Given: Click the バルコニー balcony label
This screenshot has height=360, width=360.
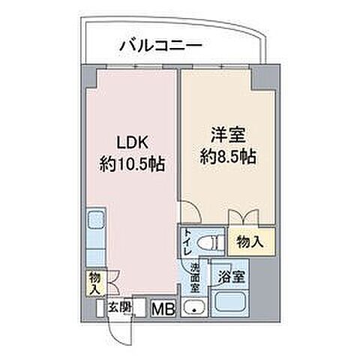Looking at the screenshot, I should point(160,46).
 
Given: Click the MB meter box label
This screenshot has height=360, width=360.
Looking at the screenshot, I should point(161,307).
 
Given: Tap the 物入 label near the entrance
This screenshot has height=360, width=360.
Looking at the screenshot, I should point(94,283).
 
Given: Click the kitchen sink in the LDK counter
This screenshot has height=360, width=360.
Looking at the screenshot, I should point(96,221).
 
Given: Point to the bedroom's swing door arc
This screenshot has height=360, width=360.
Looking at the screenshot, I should point(188,214).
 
